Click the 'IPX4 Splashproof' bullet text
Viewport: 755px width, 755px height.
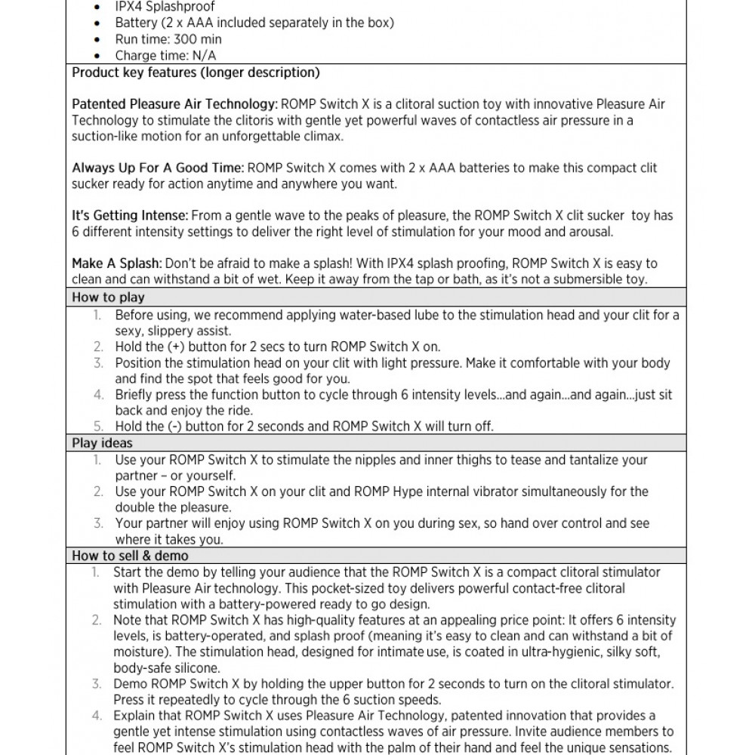(165, 7)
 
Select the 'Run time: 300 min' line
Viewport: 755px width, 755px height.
(168, 39)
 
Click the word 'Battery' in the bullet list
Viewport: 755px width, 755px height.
(136, 23)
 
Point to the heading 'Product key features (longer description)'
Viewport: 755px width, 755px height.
(196, 73)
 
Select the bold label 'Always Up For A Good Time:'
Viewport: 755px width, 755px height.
(158, 168)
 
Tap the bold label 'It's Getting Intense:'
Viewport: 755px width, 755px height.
(129, 216)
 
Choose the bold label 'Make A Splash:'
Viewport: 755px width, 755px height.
(116, 263)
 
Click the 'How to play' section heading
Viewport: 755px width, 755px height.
(108, 297)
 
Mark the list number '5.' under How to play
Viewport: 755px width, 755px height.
(98, 427)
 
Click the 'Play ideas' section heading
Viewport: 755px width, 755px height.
(102, 443)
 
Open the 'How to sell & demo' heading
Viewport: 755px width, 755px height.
(130, 556)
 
